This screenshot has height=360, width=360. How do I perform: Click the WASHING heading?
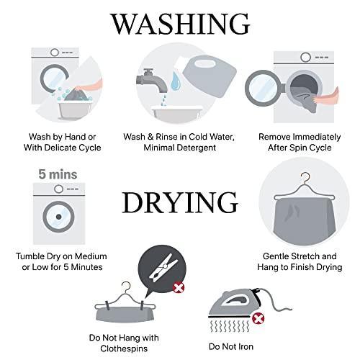[180, 24]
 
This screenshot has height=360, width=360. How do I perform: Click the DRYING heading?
[180, 203]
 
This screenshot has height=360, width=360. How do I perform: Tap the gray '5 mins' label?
[58, 174]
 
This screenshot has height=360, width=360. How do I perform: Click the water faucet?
[152, 81]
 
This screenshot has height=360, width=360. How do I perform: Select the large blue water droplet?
[176, 81]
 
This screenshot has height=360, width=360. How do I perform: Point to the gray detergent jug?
[210, 77]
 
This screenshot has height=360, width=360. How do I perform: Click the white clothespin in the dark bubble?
[163, 268]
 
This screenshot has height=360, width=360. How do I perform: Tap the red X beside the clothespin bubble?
[179, 287]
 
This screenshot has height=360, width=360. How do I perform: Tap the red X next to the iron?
[258, 319]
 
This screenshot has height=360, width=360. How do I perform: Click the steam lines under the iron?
[230, 326]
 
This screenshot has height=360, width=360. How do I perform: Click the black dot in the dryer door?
[59, 217]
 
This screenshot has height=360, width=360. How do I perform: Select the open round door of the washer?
[264, 88]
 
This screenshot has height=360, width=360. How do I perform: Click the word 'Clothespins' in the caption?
[124, 348]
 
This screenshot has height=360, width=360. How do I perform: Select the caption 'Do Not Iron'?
[231, 346]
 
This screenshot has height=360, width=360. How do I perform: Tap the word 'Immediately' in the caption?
[317, 137]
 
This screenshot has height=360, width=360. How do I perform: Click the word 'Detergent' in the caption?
[197, 148]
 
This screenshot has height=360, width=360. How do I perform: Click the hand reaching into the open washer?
[326, 96]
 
